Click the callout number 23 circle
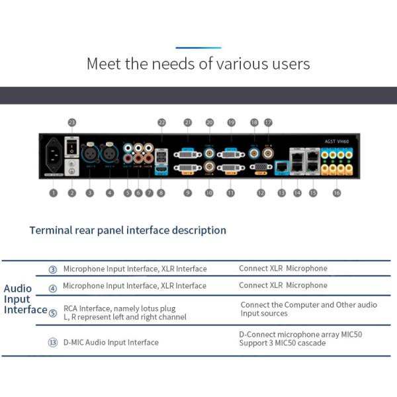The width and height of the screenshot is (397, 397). pos(72,122)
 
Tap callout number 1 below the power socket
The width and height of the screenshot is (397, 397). pos(53,193)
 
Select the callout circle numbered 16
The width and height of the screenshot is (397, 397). pos(337,193)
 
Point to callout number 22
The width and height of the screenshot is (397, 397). pos(161,122)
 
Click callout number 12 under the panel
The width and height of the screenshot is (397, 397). pos(261,193)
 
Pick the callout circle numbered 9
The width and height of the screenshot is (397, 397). pos(188,193)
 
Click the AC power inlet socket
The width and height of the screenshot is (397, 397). pos(52,157)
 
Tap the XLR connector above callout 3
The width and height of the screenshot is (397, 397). pos(91,155)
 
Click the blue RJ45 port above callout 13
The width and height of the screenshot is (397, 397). pos(281,166)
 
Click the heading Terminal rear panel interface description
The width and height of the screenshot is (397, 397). pos(128,230)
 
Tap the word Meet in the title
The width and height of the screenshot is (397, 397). pos(104,64)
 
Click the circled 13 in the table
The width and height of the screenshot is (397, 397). pos(53,342)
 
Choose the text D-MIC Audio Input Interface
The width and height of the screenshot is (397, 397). pos(110,342)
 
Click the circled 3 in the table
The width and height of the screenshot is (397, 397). pos(53,269)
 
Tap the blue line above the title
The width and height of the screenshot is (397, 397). pos(198,48)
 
